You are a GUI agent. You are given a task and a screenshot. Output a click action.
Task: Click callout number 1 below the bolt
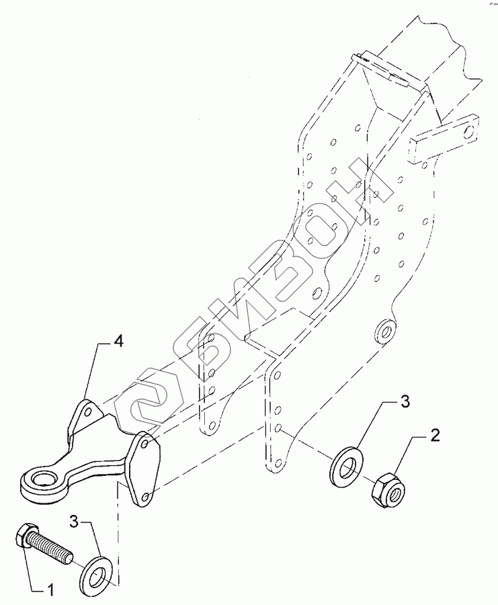49,590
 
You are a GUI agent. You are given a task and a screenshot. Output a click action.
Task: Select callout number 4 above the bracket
118,342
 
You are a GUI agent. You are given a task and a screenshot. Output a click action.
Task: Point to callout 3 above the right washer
405,403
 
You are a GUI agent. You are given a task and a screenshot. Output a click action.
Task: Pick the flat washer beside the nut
346,464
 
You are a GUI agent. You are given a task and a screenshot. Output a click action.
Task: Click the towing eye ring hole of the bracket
40,481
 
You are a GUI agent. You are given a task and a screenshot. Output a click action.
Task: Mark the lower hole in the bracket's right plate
143,495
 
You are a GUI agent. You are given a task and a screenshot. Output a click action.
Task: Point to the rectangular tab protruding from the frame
443,138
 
